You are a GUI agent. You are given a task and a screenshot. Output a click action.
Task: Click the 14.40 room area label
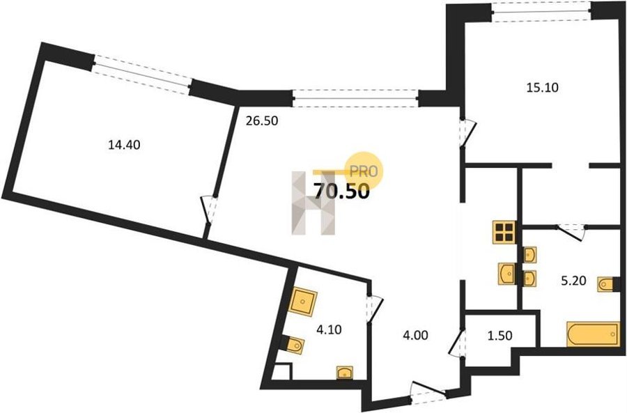coord(125,145)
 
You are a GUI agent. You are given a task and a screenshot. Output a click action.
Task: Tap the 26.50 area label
coord(262,120)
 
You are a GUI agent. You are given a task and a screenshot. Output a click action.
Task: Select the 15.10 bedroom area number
coord(542,87)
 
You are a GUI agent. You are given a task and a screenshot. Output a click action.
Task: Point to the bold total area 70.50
coord(341,192)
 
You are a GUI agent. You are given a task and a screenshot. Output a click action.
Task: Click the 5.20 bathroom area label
coord(574,281)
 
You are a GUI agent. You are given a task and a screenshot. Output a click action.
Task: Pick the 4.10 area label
coord(329,330)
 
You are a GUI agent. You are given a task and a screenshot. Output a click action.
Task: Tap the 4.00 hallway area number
coord(416,335)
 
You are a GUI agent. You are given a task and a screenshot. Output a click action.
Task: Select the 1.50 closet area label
coord(500,336)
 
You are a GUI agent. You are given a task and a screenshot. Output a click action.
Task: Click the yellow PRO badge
coord(364,171)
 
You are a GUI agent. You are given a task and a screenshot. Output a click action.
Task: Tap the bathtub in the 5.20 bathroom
coord(592,334)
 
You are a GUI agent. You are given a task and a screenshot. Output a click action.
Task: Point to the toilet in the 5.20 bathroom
coord(607,284)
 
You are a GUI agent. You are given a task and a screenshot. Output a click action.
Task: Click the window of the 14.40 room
coord(141,75)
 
